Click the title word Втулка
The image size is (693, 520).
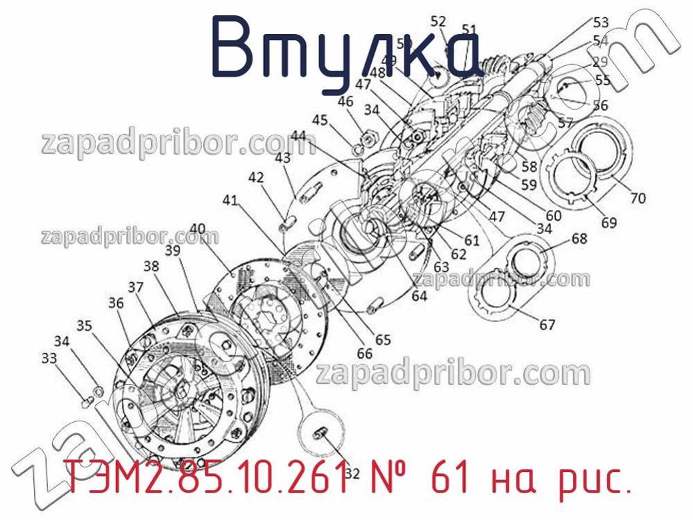tap(346, 48)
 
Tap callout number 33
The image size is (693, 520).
tap(49, 358)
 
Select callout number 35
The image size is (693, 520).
tap(84, 326)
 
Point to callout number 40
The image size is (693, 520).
tap(197, 229)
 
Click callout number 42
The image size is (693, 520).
tap(257, 177)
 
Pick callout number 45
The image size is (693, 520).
tap(321, 120)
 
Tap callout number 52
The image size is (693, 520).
tap(438, 21)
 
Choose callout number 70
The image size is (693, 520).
tap(638, 198)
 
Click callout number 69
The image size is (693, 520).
tap(609, 223)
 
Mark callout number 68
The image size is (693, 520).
tap(579, 238)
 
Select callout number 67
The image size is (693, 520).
tap(547, 325)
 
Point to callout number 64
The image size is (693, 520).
tap(419, 297)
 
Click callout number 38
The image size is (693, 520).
tap(151, 266)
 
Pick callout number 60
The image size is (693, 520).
tap(553, 215)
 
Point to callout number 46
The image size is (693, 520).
tap(345, 102)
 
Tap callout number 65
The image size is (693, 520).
tap(382, 339)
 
